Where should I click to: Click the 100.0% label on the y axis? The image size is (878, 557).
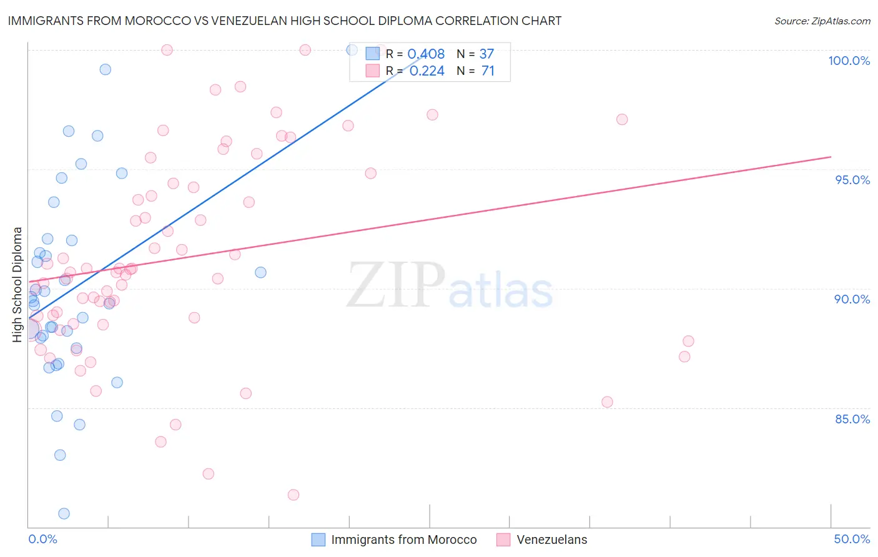[849, 61]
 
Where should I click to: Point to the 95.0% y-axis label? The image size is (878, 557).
[852, 180]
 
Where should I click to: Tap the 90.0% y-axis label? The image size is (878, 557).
[852, 299]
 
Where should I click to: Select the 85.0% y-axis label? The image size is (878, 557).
[852, 419]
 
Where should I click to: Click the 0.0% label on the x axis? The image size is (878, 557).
[42, 539]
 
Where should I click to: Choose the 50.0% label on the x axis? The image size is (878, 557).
[852, 539]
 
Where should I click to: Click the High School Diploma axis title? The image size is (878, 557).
[17, 284]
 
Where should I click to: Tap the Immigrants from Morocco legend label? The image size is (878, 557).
[403, 540]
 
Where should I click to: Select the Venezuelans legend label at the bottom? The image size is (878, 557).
[552, 540]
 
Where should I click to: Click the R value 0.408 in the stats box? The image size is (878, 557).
[426, 54]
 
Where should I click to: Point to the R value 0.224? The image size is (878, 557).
[427, 71]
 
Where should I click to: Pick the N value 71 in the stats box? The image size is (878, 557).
[488, 71]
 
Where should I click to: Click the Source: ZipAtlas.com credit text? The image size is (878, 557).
[822, 21]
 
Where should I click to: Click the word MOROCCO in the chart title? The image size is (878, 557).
[160, 21]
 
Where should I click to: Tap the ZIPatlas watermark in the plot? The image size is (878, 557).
[450, 285]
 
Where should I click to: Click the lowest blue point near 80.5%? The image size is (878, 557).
[64, 513]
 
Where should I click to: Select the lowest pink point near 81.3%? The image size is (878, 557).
[293, 495]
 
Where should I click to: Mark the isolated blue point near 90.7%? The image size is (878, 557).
[260, 272]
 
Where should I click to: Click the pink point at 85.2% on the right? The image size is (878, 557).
[607, 402]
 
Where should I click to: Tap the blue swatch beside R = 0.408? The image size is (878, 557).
[373, 54]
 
